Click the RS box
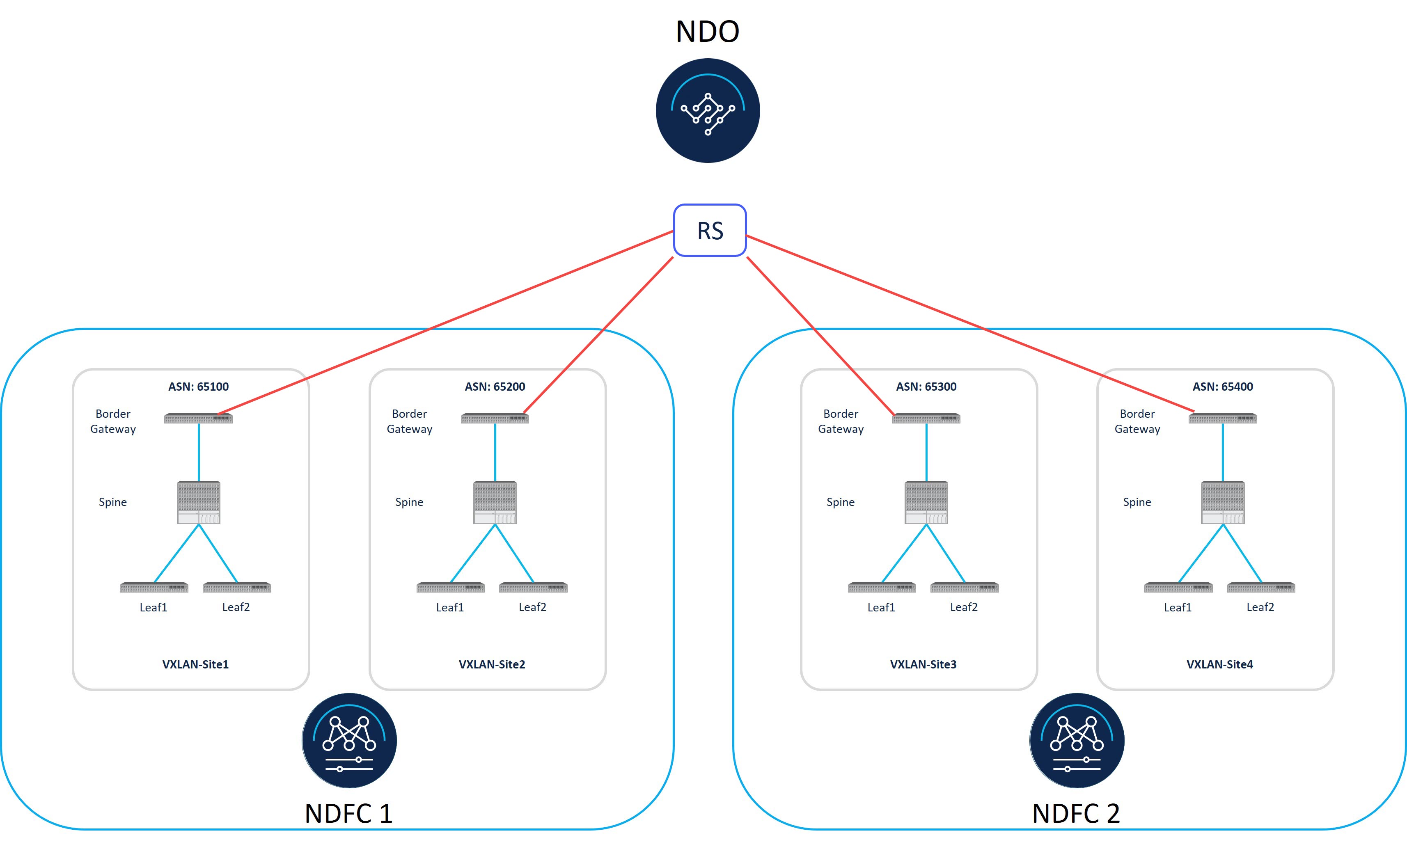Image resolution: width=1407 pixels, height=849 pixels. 710,230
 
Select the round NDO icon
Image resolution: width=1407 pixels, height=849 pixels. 708,111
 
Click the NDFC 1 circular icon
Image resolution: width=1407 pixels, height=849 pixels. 349,741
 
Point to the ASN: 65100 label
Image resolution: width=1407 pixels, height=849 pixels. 198,387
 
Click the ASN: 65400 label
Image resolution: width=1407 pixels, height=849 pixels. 1223,387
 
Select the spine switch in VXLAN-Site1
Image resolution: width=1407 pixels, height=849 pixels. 198,502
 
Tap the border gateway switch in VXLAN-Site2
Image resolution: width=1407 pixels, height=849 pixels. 495,419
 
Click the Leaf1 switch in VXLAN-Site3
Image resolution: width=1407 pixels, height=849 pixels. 882,588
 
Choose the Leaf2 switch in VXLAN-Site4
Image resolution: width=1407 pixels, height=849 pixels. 1261,588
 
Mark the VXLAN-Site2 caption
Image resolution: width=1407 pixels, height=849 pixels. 492,664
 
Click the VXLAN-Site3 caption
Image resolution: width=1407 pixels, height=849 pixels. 923,664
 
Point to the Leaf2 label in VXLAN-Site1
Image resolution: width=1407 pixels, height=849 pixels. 236,607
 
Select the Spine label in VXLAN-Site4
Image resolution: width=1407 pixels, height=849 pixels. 1137,502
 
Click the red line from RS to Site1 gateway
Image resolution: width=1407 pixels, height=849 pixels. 445,322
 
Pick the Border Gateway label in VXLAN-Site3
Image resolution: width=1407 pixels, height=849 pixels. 841,421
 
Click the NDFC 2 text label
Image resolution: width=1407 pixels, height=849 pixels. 1076,813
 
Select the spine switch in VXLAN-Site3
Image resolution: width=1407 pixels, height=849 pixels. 926,502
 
